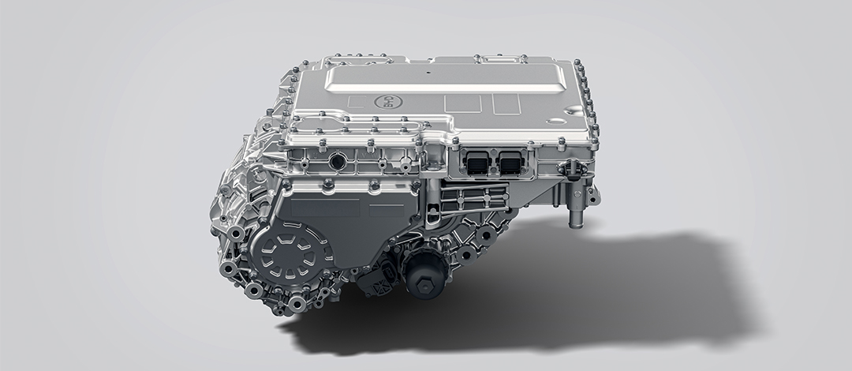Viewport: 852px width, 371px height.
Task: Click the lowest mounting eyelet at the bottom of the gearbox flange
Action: tap(297, 304)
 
